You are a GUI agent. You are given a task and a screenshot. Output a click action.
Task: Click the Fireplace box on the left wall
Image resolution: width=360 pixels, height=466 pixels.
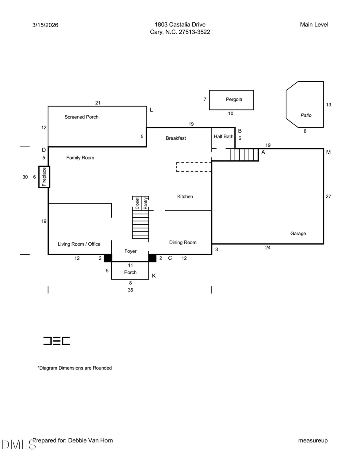click(x=44, y=177)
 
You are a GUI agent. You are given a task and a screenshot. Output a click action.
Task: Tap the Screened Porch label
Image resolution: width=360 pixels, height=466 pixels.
click(x=81, y=117)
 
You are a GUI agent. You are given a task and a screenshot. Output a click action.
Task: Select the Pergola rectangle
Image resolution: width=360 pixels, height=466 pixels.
click(x=231, y=100)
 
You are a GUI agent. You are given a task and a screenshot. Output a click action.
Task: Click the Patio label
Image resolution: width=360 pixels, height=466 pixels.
click(x=306, y=115)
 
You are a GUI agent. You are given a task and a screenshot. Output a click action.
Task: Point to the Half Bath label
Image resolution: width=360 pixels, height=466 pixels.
click(x=223, y=136)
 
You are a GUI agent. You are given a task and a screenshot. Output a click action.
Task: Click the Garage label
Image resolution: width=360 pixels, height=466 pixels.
click(x=298, y=234)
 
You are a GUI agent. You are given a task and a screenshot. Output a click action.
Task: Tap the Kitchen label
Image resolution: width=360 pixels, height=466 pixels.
click(x=185, y=196)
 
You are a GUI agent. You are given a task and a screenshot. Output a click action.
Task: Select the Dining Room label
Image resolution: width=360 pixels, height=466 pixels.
click(x=183, y=242)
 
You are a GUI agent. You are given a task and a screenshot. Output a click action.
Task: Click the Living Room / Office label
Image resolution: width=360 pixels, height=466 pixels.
click(x=79, y=244)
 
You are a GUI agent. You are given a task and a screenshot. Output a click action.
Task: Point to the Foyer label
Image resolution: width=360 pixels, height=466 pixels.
click(x=130, y=251)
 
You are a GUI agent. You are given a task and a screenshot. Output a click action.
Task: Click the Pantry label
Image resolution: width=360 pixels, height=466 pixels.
click(x=146, y=203)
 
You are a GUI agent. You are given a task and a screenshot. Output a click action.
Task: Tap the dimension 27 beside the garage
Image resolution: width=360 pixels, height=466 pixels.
click(x=328, y=196)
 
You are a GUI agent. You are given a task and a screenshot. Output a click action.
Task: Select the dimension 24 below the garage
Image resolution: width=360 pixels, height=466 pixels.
click(x=268, y=248)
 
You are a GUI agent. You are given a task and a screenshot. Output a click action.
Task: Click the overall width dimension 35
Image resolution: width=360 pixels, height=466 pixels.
click(x=130, y=290)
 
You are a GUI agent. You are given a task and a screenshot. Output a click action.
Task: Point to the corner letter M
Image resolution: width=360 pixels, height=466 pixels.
click(x=328, y=152)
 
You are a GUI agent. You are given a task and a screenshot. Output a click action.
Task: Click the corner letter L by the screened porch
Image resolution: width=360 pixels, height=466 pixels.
click(x=151, y=110)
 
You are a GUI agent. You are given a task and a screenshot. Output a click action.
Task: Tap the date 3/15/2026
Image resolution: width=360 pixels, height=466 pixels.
click(x=45, y=25)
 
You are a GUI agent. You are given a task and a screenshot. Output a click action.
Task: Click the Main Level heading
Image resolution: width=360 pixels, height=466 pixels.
click(x=314, y=25)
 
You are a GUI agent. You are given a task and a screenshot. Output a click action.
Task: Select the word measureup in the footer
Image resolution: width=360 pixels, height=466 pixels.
click(x=313, y=440)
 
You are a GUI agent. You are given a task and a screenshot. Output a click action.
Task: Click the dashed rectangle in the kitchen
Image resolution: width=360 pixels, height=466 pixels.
click(x=194, y=167)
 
